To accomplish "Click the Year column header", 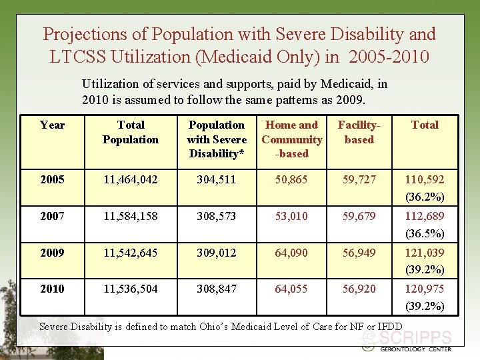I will (x=52, y=125).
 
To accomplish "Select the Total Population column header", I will (x=131, y=132).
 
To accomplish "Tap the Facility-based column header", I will (x=359, y=132).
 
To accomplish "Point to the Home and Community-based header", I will (x=292, y=139).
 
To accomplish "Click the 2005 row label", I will (x=52, y=179).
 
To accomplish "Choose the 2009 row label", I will (x=52, y=253).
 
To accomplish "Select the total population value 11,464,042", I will (x=131, y=179).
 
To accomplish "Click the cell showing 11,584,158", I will (x=131, y=216).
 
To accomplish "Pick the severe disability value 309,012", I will (x=217, y=253).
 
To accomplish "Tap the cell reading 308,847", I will (x=217, y=289).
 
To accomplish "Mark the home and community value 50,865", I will (x=291, y=179).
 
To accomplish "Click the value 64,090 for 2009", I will (x=291, y=253).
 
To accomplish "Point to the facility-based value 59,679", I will (x=359, y=216).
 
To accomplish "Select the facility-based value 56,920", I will (x=359, y=289).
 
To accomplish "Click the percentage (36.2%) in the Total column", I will (x=425, y=197).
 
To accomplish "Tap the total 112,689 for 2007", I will (x=425, y=216).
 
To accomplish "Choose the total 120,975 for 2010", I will (x=425, y=289).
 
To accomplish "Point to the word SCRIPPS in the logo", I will (x=415, y=338).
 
